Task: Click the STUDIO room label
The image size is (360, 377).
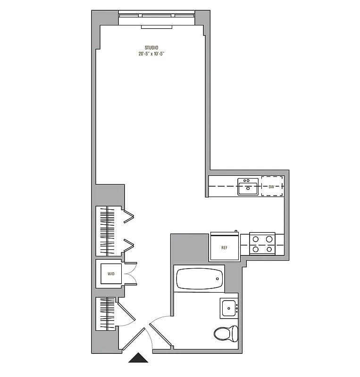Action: pos(151,47)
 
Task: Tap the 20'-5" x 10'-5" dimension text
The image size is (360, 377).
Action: pos(151,54)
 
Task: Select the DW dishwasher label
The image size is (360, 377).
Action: pos(271,187)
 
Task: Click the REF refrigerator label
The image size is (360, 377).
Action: pos(225,247)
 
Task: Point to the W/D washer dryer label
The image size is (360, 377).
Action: pos(111,274)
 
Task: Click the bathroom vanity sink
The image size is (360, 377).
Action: pos(229,308)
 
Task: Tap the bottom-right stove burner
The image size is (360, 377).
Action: pos(269,249)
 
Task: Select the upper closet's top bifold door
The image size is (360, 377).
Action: pos(129,217)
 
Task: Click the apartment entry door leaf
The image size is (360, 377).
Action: pos(134,339)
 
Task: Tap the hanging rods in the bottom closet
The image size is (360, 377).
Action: pos(107,313)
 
